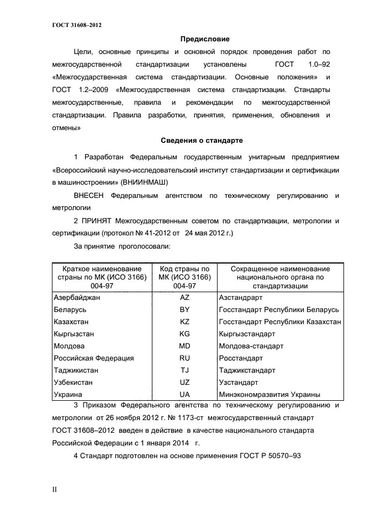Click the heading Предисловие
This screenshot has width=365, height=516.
205,39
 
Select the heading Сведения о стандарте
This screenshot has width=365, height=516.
202,141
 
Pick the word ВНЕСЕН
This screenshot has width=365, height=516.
91,196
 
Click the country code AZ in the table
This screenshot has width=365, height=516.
184,297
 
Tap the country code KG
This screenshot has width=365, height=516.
184,334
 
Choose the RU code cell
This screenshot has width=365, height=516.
184,358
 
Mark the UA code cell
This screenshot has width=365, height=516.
184,395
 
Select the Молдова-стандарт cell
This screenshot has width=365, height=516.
251,346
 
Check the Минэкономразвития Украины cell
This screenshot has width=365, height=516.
269,395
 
